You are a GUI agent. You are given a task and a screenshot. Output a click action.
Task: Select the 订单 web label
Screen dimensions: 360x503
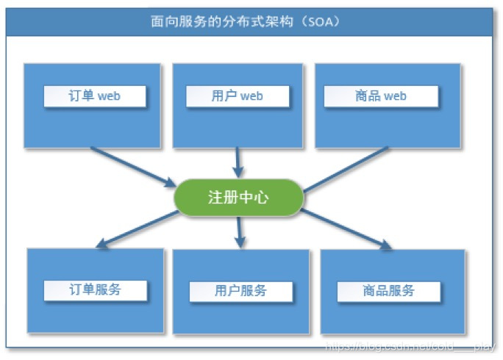pyautogui.click(x=94, y=96)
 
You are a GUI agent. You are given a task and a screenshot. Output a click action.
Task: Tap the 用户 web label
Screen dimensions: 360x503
pyautogui.click(x=237, y=96)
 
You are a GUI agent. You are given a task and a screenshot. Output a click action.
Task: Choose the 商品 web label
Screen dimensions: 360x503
pyautogui.click(x=381, y=96)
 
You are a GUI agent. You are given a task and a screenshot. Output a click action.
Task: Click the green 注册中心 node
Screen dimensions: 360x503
pyautogui.click(x=238, y=198)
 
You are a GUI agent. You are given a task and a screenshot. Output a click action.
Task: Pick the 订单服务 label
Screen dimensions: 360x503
pyautogui.click(x=95, y=289)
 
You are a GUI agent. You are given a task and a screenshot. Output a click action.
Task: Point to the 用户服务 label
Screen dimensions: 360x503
pyautogui.click(x=240, y=291)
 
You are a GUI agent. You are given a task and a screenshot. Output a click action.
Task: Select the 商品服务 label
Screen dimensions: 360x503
pyautogui.click(x=389, y=291)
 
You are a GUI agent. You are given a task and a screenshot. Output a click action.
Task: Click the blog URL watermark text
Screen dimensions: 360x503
pyautogui.click(x=412, y=343)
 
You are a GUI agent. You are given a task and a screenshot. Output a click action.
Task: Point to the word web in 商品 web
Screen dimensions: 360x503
pyautogui.click(x=394, y=96)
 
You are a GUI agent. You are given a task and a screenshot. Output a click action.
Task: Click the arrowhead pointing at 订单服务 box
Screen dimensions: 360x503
pyautogui.click(x=104, y=245)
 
